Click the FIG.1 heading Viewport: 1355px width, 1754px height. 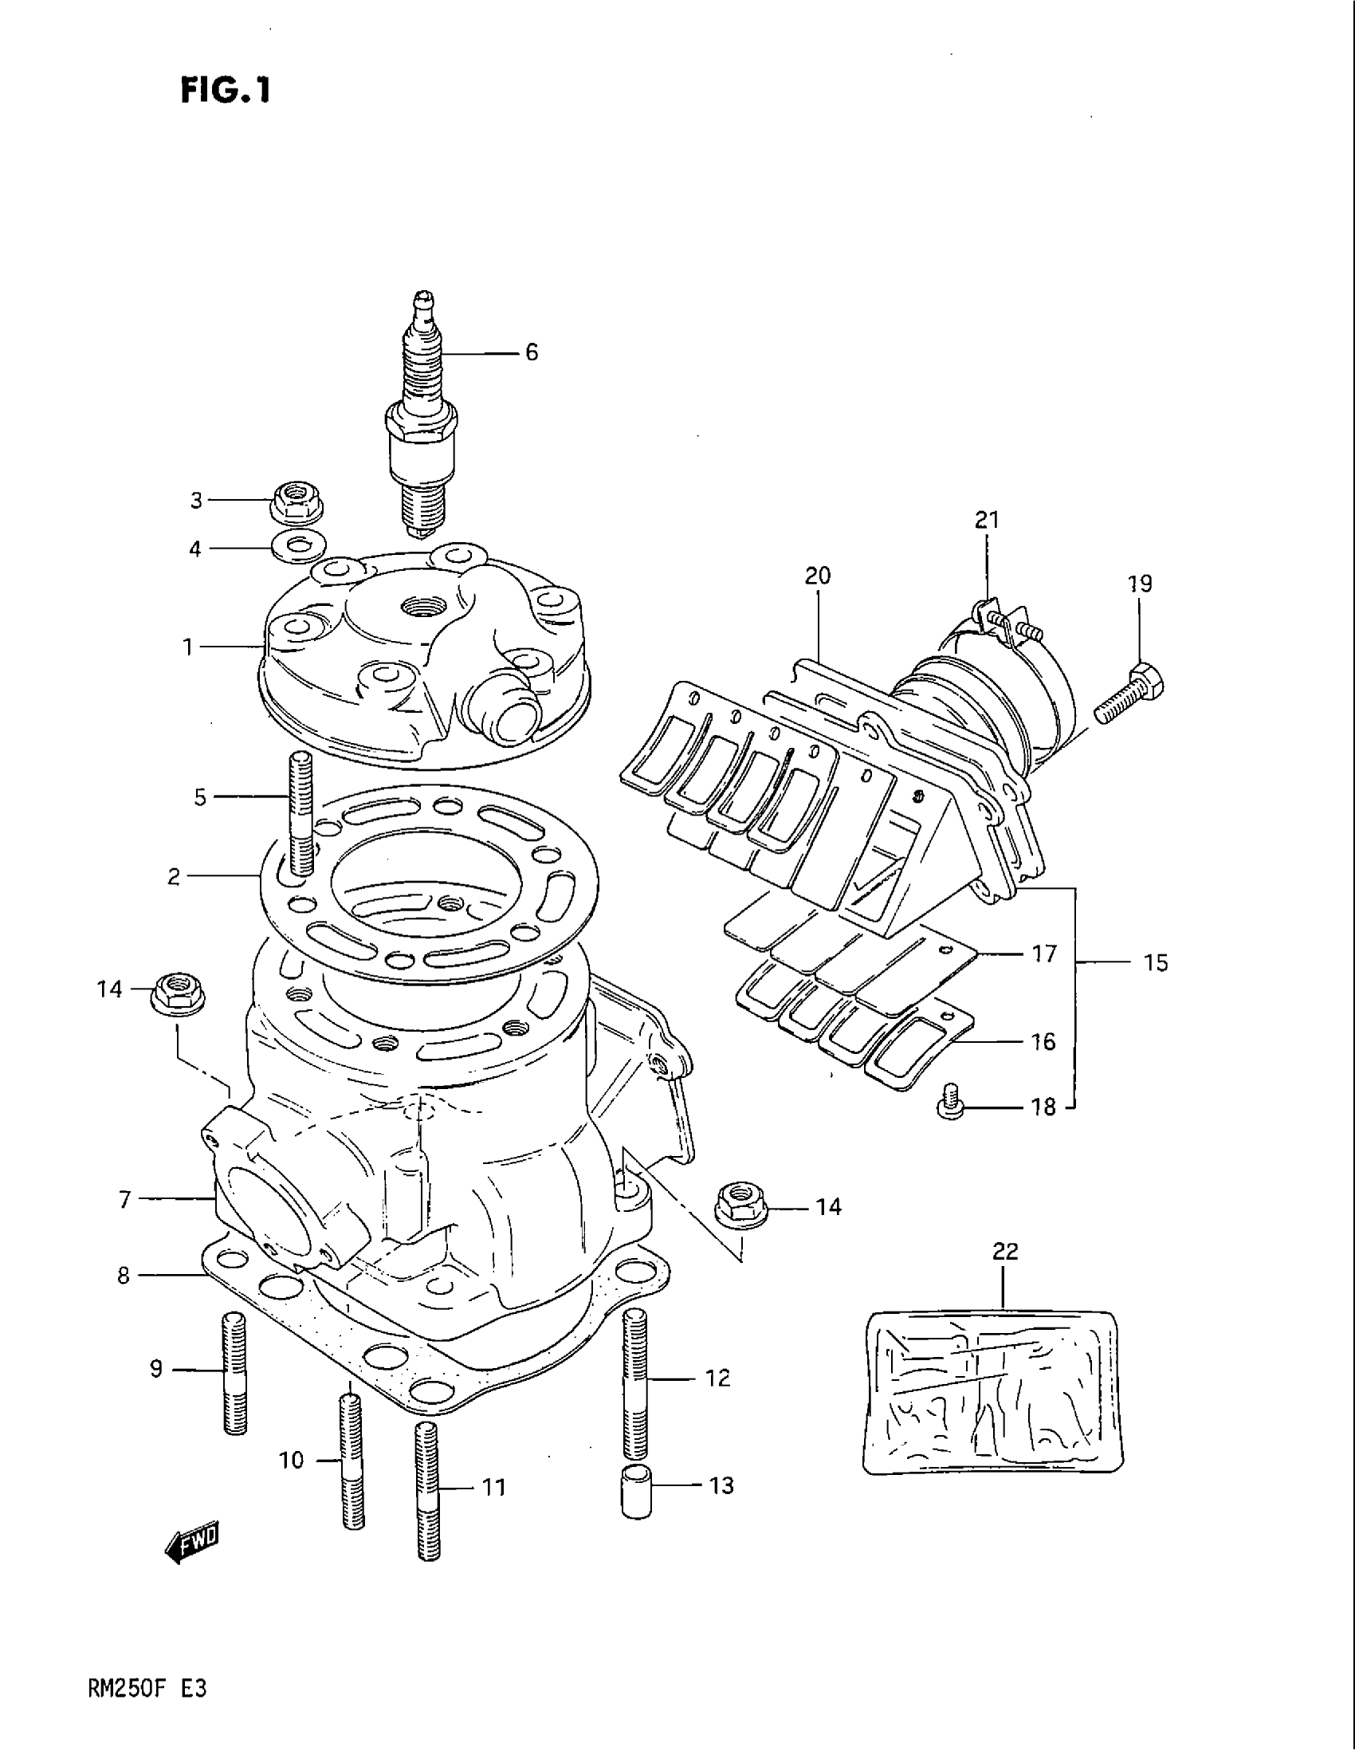[226, 91]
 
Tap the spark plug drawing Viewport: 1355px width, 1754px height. [422, 418]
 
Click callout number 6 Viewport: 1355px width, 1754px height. [532, 352]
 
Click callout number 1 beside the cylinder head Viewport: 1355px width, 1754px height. [189, 647]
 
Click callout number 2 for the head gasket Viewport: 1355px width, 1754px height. [174, 876]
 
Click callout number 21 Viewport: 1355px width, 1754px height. [987, 521]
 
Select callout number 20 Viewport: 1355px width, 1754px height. [817, 576]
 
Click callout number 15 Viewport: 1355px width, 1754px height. [1156, 962]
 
